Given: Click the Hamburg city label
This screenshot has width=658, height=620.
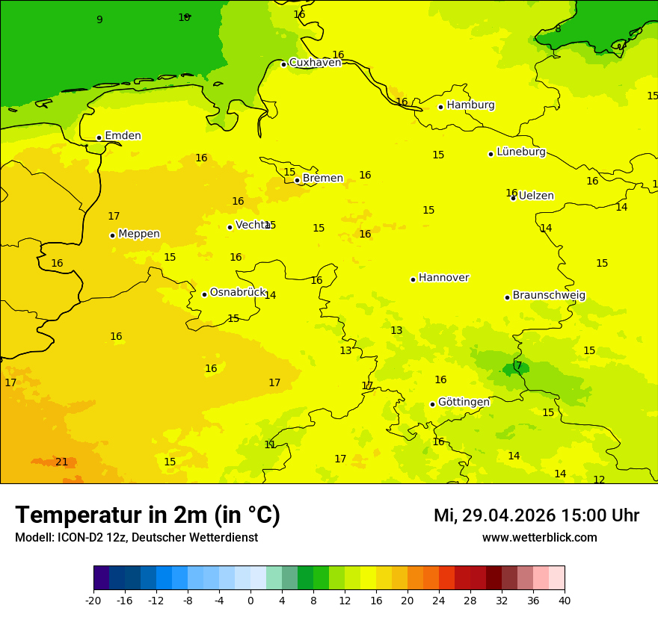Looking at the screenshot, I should pyautogui.click(x=470, y=105).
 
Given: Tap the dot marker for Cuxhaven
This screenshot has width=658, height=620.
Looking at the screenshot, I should pyautogui.click(x=284, y=64).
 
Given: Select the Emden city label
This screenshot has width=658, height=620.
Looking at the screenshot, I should pyautogui.click(x=123, y=136).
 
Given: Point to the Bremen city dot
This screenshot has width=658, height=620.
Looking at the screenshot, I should pyautogui.click(x=297, y=180).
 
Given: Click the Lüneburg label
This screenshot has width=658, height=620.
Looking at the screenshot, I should pyautogui.click(x=521, y=152).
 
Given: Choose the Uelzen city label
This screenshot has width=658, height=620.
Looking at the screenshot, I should pyautogui.click(x=536, y=196).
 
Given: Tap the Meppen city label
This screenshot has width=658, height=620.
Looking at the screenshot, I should pyautogui.click(x=139, y=234).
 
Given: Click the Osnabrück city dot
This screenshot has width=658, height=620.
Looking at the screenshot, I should pyautogui.click(x=204, y=294).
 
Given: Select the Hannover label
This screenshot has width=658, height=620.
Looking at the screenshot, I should pyautogui.click(x=443, y=278).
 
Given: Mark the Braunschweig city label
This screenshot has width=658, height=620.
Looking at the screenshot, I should pyautogui.click(x=549, y=296).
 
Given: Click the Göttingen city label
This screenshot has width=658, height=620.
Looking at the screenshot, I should pyautogui.click(x=464, y=403).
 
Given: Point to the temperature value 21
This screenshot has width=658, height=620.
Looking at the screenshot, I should pyautogui.click(x=61, y=462).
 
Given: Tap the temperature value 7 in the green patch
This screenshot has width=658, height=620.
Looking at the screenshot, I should pyautogui.click(x=519, y=366).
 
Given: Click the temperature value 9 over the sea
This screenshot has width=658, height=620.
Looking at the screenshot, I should pyautogui.click(x=99, y=20).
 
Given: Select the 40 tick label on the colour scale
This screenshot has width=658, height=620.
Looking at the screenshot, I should pyautogui.click(x=564, y=600).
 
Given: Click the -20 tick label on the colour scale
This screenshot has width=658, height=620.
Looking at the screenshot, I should pyautogui.click(x=93, y=600).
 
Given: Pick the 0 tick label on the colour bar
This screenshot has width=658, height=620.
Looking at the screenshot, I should pyautogui.click(x=250, y=600).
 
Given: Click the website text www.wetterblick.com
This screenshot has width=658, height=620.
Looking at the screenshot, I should pyautogui.click(x=539, y=538).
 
